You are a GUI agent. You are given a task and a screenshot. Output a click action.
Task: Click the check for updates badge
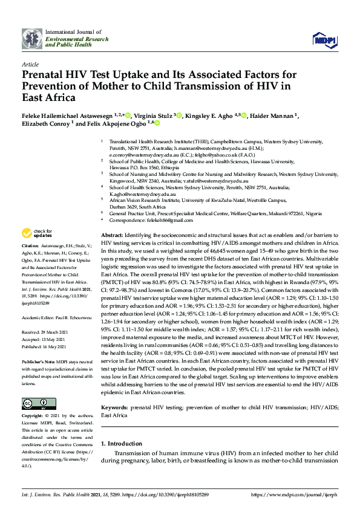(x=37, y=233)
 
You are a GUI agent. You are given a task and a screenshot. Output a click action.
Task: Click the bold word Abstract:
(x=113, y=234)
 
